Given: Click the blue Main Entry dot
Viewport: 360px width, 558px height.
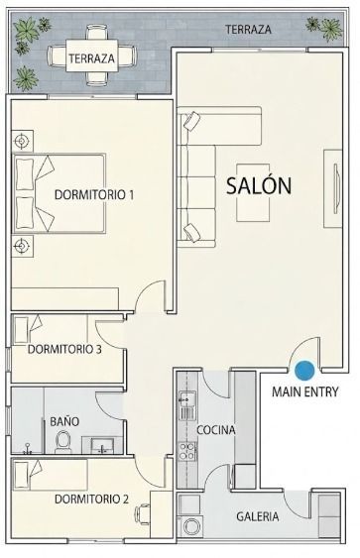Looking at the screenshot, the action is [x=304, y=371].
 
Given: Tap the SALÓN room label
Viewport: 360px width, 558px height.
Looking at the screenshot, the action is [x=259, y=185].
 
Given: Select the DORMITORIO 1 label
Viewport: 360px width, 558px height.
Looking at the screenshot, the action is [x=94, y=194].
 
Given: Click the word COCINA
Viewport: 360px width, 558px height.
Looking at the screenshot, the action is [x=216, y=430].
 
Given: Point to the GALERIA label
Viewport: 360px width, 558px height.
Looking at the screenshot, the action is [x=258, y=516].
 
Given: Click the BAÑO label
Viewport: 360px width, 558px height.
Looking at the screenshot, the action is [x=64, y=421].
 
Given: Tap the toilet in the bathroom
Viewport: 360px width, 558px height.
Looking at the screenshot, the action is [x=63, y=442].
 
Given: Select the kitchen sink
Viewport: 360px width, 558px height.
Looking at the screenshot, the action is [x=187, y=399].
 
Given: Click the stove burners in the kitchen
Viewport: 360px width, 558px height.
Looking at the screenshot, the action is [x=187, y=451].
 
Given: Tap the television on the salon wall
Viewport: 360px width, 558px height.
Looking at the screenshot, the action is [x=336, y=188].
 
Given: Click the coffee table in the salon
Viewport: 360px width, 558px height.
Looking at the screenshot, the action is [x=253, y=193].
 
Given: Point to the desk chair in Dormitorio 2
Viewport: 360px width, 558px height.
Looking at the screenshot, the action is [x=142, y=514].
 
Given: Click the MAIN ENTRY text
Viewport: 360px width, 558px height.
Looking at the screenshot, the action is [x=305, y=391].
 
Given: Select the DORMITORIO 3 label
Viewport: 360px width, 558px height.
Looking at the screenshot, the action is [x=64, y=349].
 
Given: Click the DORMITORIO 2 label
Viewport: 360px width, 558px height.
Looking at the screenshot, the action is [x=91, y=499].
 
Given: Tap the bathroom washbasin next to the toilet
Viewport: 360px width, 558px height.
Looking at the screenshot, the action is [x=102, y=446].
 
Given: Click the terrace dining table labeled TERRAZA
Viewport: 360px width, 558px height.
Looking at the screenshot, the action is [x=91, y=57].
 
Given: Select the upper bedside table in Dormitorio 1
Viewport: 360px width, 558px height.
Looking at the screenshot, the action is [x=22, y=142].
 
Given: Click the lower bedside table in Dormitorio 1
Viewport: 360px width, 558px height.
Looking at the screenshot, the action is [x=22, y=246].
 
